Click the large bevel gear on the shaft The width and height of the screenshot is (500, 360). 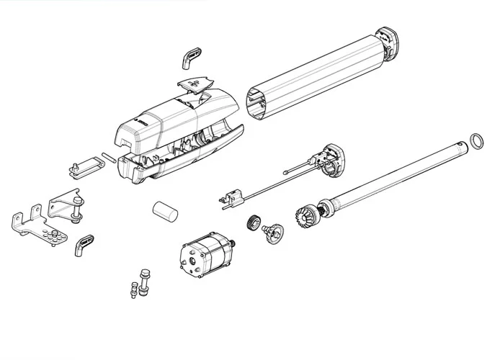tap(305, 214)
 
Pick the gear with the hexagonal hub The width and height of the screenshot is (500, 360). tap(273, 232)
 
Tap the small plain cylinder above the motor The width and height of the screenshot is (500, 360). tap(164, 213)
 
